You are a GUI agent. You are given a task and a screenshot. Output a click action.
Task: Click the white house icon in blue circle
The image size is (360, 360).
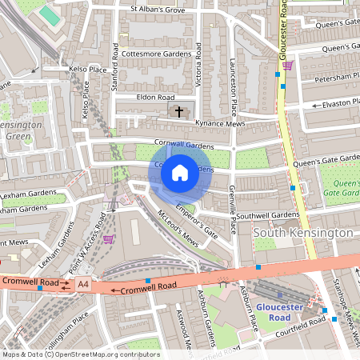click(x=180, y=172)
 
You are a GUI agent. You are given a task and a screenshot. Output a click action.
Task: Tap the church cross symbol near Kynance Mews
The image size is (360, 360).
click(x=179, y=111)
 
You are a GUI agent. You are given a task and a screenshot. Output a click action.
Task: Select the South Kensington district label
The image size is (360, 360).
click(x=303, y=232)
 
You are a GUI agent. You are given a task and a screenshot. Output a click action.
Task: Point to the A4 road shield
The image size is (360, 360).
click(x=83, y=285)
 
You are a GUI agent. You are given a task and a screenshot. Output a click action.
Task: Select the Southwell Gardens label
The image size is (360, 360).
click(x=267, y=215)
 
